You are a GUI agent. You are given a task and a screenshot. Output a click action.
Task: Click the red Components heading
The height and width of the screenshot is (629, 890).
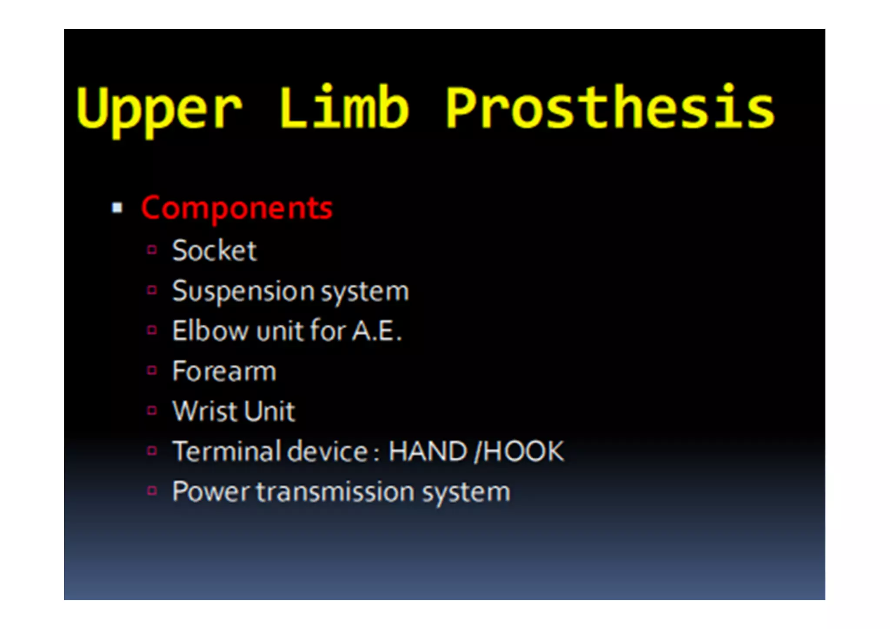(x=237, y=208)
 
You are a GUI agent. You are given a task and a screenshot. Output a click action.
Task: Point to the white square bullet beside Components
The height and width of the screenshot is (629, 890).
(x=117, y=208)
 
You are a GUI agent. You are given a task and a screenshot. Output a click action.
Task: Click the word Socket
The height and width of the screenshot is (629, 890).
(x=214, y=250)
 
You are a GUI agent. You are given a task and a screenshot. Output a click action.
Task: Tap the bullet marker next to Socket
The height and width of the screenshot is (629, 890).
(x=152, y=250)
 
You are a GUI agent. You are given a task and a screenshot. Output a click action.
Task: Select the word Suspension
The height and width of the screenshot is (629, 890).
(x=243, y=291)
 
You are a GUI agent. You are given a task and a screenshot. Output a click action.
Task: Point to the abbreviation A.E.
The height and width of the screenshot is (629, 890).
(x=376, y=331)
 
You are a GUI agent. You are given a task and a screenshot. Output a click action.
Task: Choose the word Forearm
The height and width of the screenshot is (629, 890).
(x=224, y=371)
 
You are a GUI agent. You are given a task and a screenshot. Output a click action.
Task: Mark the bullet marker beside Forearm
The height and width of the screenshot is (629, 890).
(x=152, y=370)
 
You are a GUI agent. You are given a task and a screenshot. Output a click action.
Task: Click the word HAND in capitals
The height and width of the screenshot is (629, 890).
(x=428, y=451)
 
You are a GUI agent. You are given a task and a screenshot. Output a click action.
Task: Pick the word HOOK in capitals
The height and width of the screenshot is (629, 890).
(x=523, y=451)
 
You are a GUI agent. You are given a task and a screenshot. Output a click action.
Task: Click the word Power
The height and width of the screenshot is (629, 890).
(x=211, y=492)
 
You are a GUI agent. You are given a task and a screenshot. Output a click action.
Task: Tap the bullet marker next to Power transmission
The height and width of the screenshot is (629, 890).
(x=152, y=491)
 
